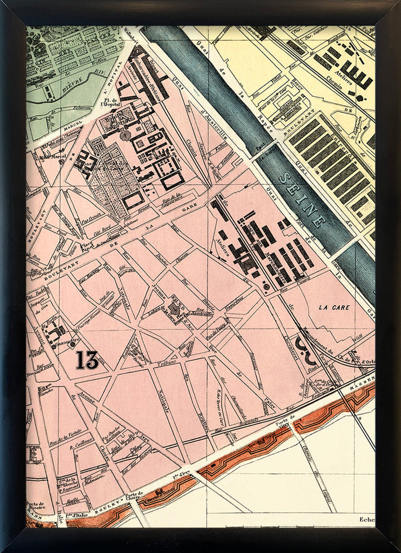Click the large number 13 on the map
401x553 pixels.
(87, 360)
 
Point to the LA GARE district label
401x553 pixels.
(333, 307)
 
